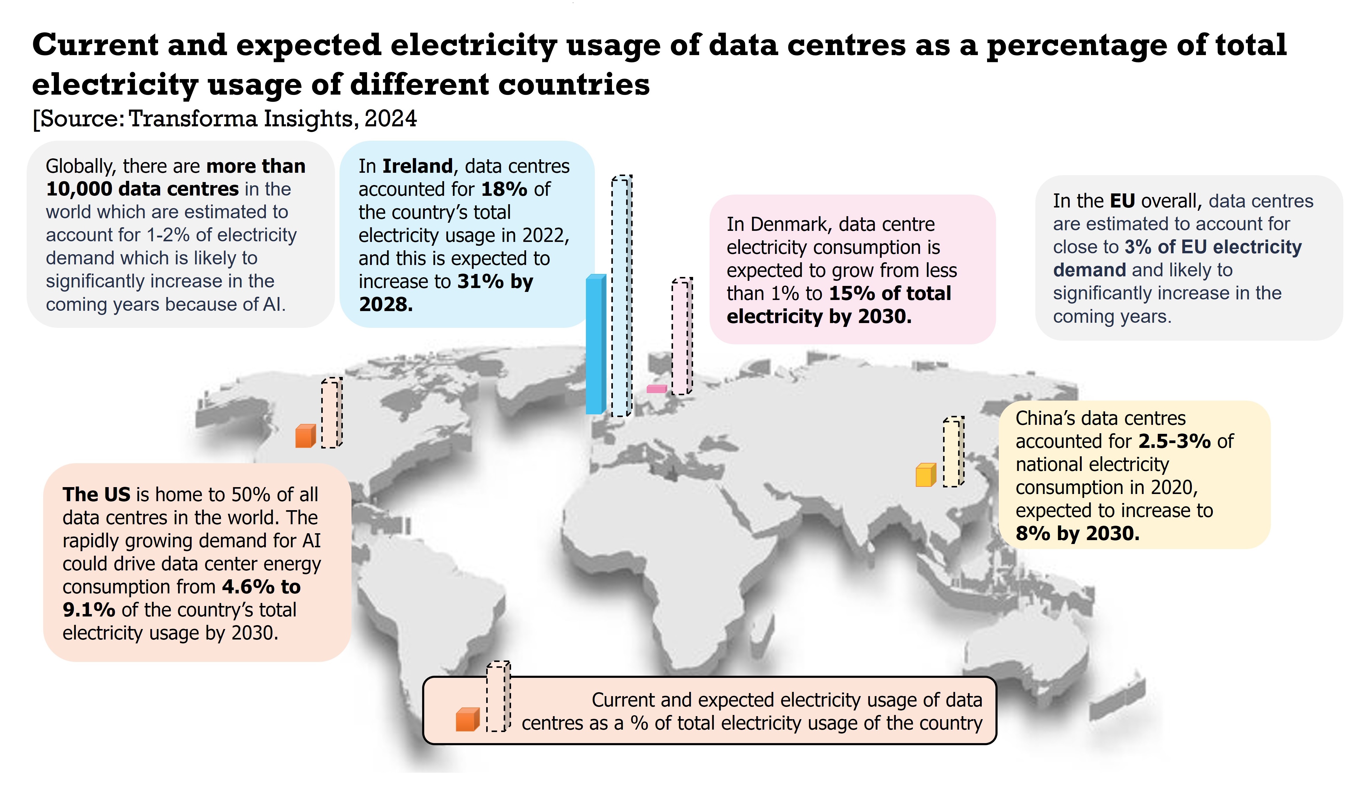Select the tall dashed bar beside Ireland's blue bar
point(621,296)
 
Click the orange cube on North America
point(305,436)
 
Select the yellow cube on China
point(925,475)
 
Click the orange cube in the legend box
point(467,720)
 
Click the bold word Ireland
point(417,166)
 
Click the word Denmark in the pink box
point(789,224)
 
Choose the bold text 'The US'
point(96,494)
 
